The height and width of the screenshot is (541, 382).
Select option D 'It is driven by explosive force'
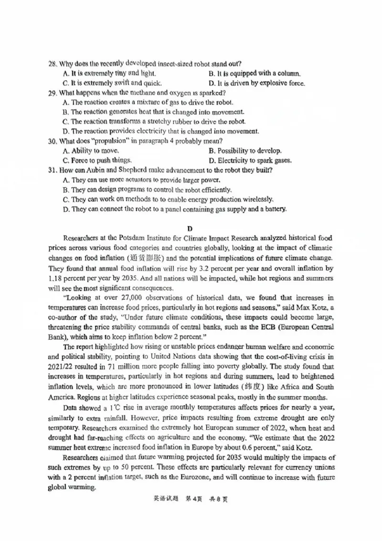point(257,83)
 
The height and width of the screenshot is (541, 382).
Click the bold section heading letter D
point(190,229)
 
